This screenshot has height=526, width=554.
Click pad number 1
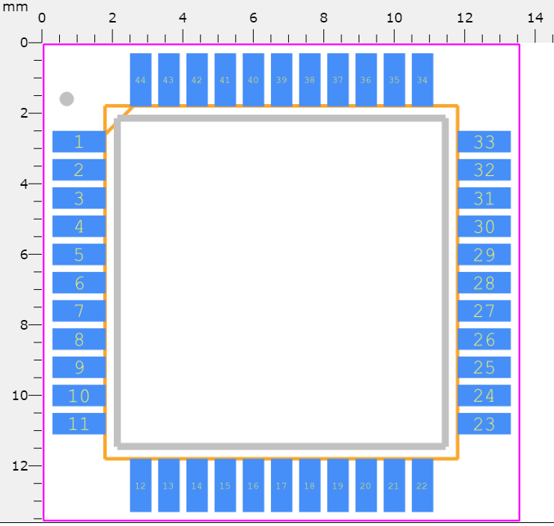[79, 142]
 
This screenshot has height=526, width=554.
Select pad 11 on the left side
[79, 424]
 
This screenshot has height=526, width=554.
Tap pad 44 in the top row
[140, 79]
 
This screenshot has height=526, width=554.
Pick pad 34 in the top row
[422, 79]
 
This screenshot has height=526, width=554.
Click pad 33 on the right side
[484, 142]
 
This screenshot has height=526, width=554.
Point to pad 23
[484, 424]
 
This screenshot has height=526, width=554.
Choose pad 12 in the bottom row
[140, 486]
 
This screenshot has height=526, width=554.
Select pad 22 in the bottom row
[422, 486]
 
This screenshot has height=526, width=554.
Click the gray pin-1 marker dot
[67, 99]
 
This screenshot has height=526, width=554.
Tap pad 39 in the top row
[281, 79]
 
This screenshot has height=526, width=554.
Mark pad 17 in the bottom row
[281, 486]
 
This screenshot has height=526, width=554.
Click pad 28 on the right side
[484, 283]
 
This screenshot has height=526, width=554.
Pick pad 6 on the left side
[79, 283]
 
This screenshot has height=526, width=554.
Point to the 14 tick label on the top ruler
[535, 17]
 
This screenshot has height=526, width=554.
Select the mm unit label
[14, 7]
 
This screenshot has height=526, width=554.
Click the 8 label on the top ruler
[323, 17]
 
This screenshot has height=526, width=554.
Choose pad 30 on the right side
[484, 226]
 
